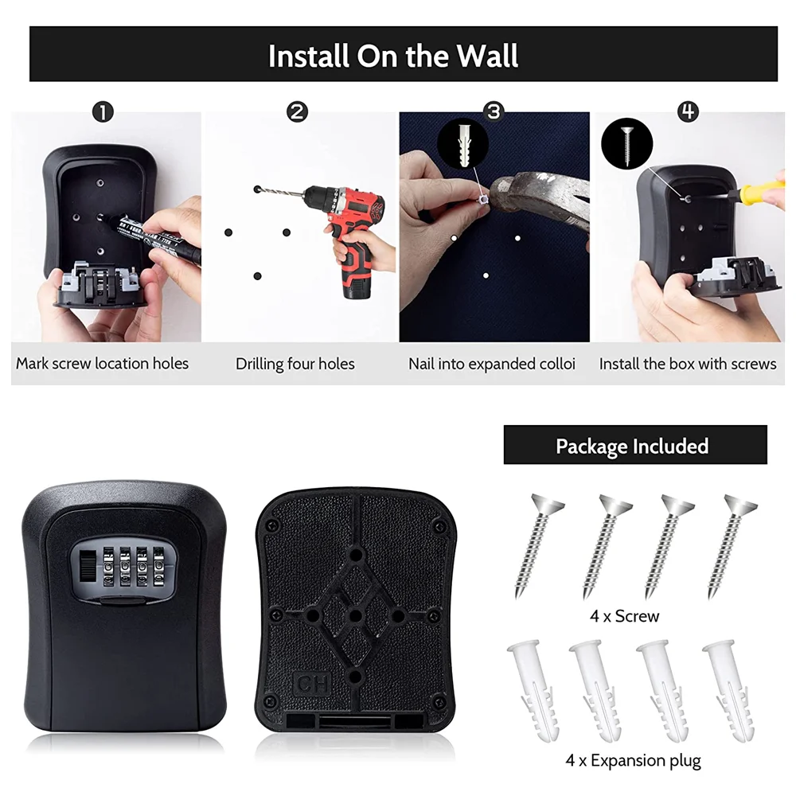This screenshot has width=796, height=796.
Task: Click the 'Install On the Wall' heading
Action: [x=393, y=57]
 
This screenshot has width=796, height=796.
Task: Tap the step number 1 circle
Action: [x=102, y=112]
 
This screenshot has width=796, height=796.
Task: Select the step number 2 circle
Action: [x=297, y=112]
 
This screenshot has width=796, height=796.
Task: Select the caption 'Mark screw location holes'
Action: [x=103, y=364]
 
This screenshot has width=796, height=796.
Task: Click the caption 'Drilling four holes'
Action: [x=295, y=364]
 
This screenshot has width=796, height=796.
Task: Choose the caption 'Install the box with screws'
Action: [x=688, y=364]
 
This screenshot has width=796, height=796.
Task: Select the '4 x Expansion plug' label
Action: [x=633, y=760]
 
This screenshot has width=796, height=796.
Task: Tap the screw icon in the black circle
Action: [x=626, y=143]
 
